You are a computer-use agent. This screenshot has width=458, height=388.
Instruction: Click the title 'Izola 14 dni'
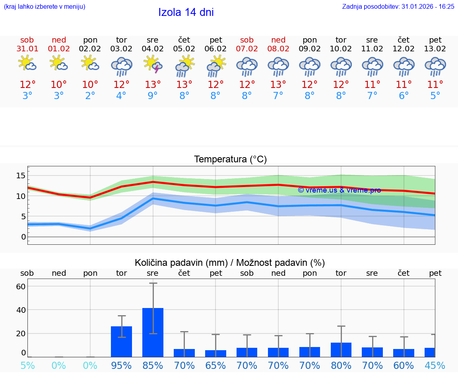click(x=186, y=12)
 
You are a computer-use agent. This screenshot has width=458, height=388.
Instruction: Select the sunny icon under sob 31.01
click(x=27, y=64)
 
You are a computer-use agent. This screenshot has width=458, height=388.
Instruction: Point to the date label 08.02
click(x=278, y=49)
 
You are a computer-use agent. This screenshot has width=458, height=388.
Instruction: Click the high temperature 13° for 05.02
click(x=184, y=85)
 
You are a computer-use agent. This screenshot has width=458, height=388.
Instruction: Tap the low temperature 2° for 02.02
click(x=90, y=96)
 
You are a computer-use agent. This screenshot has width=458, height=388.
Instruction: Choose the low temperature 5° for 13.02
click(x=435, y=96)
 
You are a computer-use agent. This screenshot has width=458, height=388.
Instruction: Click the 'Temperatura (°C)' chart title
click(x=231, y=160)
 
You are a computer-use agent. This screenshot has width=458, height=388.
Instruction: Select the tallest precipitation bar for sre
click(x=153, y=332)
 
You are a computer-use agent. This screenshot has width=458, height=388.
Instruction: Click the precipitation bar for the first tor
click(x=121, y=341)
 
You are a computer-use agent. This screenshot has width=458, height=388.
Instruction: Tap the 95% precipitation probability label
click(x=121, y=365)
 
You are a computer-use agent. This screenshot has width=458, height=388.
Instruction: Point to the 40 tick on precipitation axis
click(x=21, y=310)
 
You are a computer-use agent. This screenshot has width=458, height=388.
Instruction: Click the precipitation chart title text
click(x=230, y=263)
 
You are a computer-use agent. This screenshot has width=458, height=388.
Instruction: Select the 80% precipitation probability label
click(x=341, y=365)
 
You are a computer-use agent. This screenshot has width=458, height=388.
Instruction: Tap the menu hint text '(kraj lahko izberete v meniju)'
click(x=45, y=6)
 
